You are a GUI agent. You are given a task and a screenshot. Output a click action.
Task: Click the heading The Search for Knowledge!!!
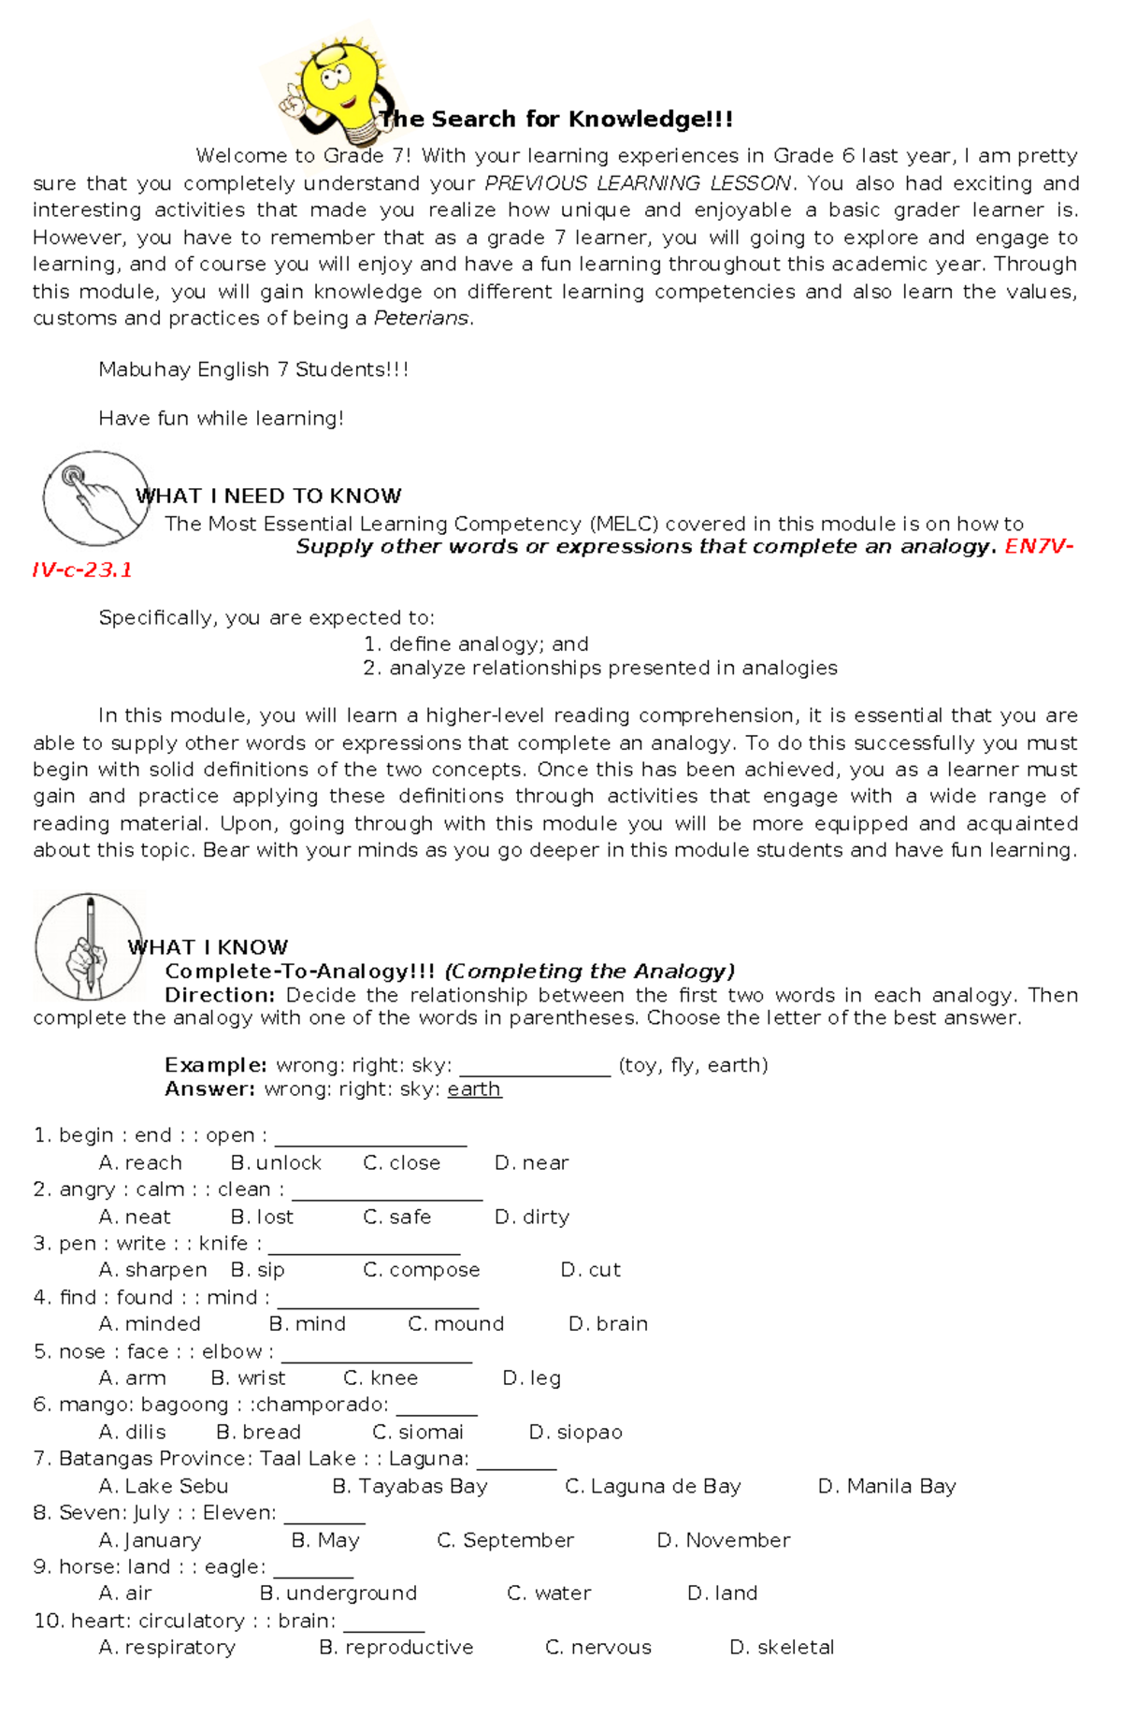click(x=556, y=120)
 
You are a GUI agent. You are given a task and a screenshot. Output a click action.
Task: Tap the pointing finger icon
click(x=94, y=498)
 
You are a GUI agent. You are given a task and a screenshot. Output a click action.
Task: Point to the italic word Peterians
click(x=421, y=319)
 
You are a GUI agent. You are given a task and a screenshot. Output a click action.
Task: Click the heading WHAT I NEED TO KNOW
click(x=269, y=497)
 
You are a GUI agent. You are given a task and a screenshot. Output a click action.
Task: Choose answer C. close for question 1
click(x=402, y=1163)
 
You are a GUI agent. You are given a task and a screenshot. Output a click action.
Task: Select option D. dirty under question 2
click(x=532, y=1218)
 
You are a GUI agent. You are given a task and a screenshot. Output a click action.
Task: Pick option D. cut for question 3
click(x=591, y=1271)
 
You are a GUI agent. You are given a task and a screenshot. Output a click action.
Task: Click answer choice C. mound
click(x=456, y=1325)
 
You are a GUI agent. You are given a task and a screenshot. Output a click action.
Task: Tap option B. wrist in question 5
click(x=249, y=1378)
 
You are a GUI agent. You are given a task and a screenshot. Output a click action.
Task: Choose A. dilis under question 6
click(x=133, y=1433)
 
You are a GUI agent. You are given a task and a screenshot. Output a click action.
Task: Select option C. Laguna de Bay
click(x=653, y=1487)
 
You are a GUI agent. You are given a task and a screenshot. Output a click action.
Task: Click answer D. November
click(x=724, y=1541)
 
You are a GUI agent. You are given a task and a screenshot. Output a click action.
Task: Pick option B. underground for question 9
click(x=338, y=1593)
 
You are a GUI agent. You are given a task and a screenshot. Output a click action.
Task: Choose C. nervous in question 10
click(x=598, y=1648)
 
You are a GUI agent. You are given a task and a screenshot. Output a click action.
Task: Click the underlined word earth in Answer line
click(x=474, y=1089)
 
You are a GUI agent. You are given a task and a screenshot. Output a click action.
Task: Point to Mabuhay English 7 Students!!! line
click(x=253, y=370)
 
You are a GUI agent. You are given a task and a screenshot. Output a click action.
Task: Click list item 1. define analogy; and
click(x=476, y=644)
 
